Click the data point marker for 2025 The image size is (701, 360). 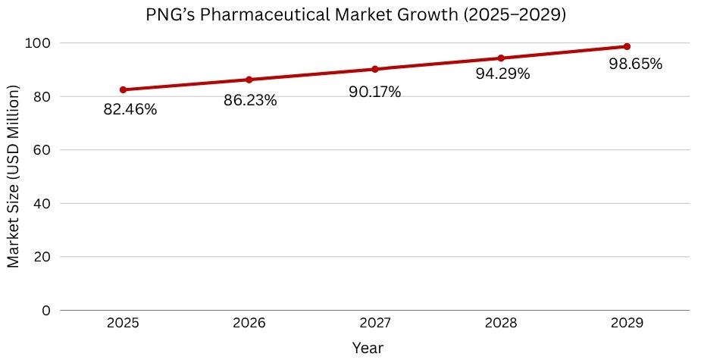[123, 90]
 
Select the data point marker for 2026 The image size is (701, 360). [249, 80]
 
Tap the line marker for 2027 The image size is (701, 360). [375, 69]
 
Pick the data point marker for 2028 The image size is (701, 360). [501, 58]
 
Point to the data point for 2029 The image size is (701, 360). [627, 46]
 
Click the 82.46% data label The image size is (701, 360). [130, 110]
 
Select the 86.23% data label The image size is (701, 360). [250, 100]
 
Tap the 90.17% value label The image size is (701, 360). [374, 92]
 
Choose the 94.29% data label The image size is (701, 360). [503, 74]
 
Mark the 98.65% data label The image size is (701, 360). [635, 64]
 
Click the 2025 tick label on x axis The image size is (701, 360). [123, 324]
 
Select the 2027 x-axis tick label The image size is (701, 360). [375, 324]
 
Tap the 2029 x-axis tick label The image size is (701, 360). [627, 324]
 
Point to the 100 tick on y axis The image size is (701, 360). [39, 43]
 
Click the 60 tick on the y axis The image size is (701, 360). [42, 150]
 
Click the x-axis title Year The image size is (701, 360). [368, 348]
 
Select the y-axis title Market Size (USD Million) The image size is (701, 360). [13, 176]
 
